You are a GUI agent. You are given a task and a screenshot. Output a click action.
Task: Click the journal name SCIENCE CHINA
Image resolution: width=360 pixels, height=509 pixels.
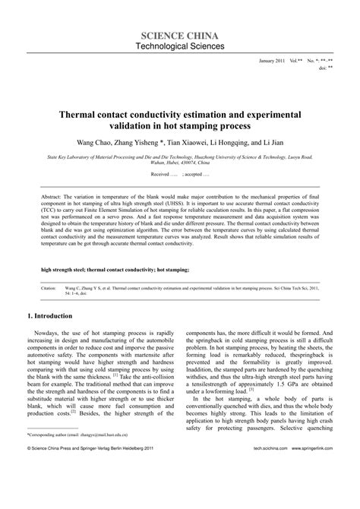[179, 36]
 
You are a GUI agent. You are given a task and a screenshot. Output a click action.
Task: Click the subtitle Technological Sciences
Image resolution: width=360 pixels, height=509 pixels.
[179, 47]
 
